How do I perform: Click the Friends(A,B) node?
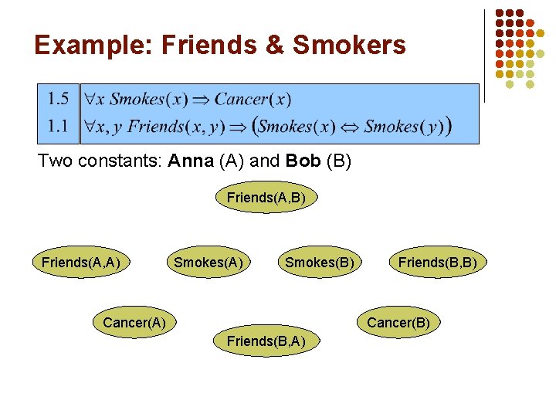click(266, 198)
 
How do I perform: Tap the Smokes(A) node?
click(208, 263)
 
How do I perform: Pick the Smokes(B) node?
click(320, 263)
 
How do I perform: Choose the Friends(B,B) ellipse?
click(437, 263)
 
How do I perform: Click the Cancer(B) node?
click(398, 322)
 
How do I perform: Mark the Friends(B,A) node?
click(266, 341)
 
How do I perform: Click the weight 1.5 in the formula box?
click(58, 99)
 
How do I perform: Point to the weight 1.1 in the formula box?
click(58, 125)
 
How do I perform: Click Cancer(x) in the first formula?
click(253, 100)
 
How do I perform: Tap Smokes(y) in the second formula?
click(403, 126)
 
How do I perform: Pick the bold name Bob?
click(304, 163)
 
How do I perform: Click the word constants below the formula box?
click(119, 163)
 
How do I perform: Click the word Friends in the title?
click(205, 46)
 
